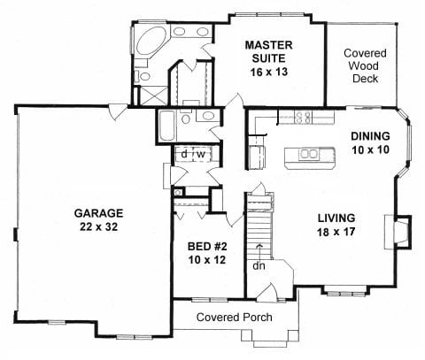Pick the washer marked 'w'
pyautogui.click(x=201, y=155)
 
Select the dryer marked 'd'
pyautogui.click(x=185, y=155)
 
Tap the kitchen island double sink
pyautogui.click(x=309, y=156)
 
